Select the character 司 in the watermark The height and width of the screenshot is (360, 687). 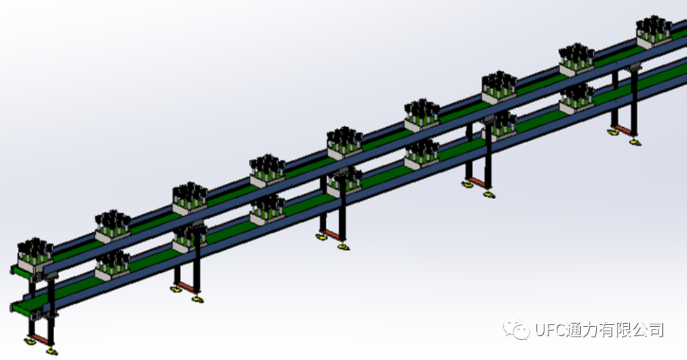[x=656, y=329]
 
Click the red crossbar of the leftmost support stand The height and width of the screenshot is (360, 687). [x=40, y=338]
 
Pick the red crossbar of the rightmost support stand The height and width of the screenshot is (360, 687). [x=623, y=130]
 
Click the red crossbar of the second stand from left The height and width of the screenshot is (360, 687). [x=186, y=287]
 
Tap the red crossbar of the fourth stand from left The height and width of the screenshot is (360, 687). [x=476, y=181]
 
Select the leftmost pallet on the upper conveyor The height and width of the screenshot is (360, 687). [x=35, y=253]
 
